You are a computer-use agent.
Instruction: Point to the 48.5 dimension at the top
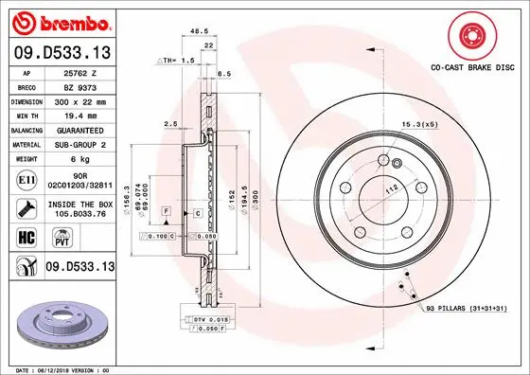coord(199,31)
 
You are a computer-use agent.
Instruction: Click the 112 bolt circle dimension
coord(387,188)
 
